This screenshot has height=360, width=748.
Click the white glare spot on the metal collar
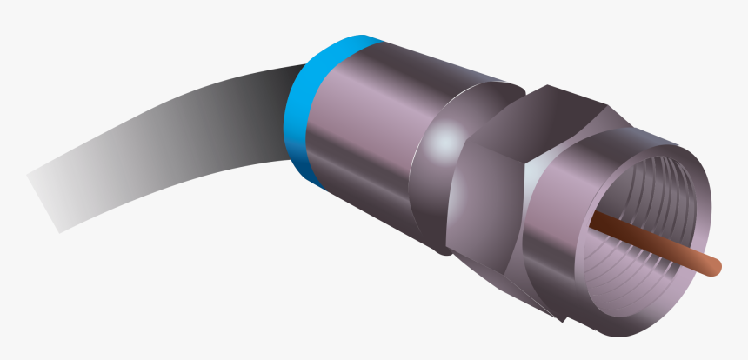(x=445, y=139)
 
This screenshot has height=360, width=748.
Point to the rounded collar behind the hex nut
(x=435, y=174)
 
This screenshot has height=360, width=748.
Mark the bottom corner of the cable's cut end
(x=59, y=231)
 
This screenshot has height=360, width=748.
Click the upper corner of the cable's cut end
(x=28, y=174)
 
